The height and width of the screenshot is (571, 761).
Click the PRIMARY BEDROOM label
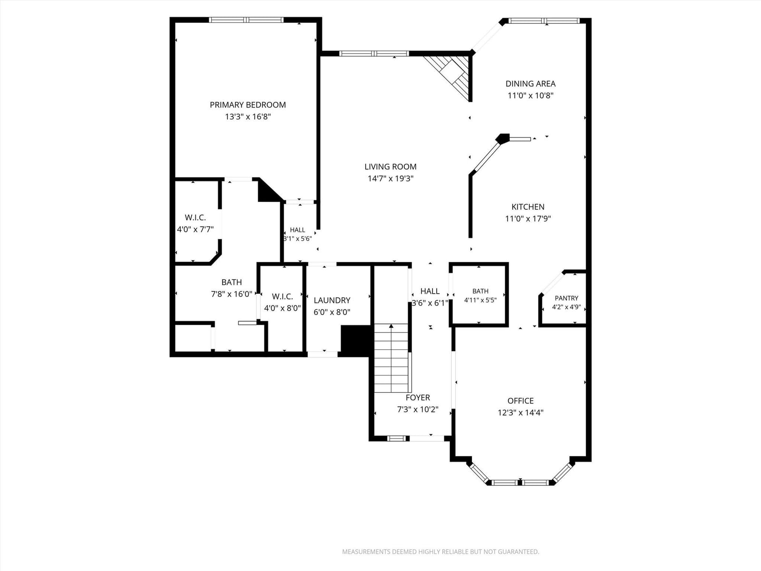[247, 105]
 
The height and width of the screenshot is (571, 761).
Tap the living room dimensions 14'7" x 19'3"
[390, 178]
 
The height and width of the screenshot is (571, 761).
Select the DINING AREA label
[530, 84]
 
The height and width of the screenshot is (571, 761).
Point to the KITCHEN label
[528, 207]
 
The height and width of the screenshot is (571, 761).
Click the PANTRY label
[566, 298]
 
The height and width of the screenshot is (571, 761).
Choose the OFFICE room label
[520, 401]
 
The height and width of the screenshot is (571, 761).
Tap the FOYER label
[418, 398]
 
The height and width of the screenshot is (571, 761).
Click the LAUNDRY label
[332, 300]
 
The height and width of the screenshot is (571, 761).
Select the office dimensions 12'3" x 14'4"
[520, 413]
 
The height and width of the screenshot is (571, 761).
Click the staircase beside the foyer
[391, 358]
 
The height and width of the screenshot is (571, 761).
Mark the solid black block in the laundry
[356, 340]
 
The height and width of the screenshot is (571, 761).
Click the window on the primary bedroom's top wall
[246, 20]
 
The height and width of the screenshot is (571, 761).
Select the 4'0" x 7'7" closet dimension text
[195, 229]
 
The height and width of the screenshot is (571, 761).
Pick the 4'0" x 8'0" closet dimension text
[282, 308]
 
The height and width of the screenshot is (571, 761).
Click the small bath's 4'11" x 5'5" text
[480, 300]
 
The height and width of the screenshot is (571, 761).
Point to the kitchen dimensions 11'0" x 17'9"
[528, 219]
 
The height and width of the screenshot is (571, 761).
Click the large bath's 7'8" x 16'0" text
[232, 295]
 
